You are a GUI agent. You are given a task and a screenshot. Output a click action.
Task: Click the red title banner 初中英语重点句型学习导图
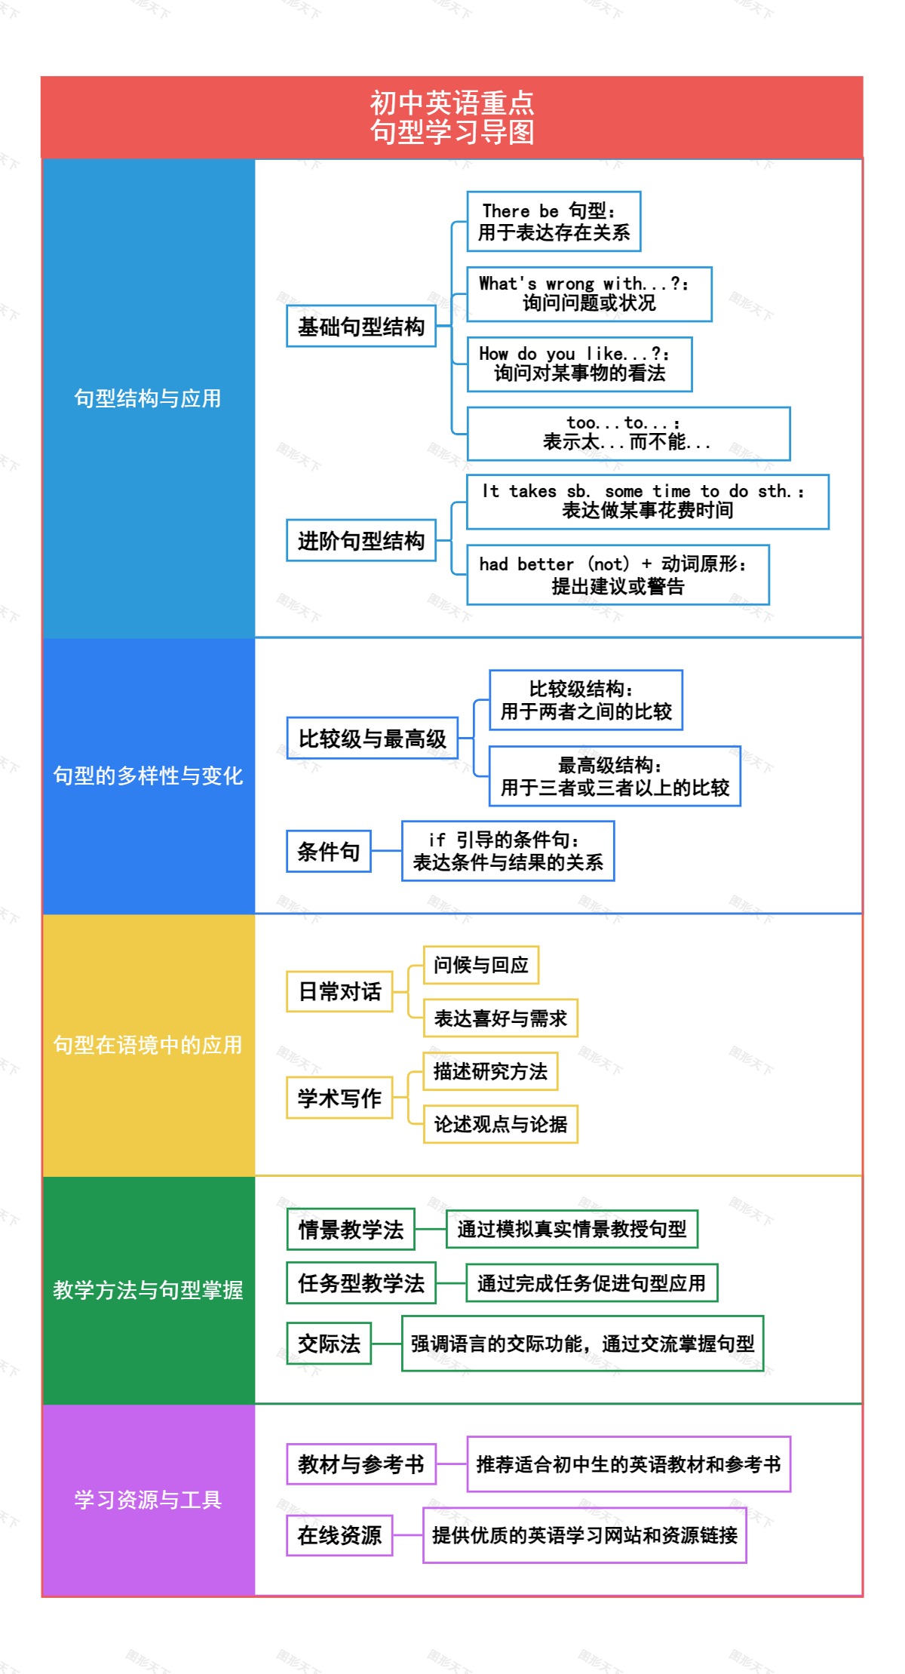tap(452, 117)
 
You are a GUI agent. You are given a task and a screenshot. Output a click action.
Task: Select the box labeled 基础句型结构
tap(361, 326)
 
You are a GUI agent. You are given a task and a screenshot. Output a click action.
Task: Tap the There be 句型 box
tap(554, 221)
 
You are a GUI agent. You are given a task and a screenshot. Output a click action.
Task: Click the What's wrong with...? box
tap(589, 294)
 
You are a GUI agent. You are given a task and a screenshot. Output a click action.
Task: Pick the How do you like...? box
tap(579, 364)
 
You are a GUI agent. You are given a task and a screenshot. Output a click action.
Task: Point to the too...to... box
tap(628, 434)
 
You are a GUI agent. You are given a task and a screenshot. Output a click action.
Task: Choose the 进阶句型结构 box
tap(361, 540)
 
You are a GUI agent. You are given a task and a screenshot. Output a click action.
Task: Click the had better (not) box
tap(618, 575)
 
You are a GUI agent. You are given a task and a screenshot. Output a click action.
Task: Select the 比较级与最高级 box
tap(373, 738)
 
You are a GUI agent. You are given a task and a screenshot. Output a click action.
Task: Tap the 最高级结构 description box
tap(615, 776)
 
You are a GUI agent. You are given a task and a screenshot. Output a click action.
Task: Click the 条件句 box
tap(329, 851)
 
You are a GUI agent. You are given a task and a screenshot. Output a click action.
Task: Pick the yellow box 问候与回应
tap(481, 965)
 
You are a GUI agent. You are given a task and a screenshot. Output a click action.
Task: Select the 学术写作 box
tap(339, 1098)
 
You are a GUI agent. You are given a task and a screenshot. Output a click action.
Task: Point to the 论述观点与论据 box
tap(501, 1124)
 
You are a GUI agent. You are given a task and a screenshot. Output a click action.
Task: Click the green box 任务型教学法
tap(361, 1282)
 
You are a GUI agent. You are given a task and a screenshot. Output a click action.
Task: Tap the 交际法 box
tap(329, 1343)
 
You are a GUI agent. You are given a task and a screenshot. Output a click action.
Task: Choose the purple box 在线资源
tap(339, 1535)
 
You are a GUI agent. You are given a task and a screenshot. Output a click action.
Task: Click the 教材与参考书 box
tap(361, 1464)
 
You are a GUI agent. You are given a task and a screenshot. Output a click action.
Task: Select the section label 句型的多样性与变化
tap(148, 776)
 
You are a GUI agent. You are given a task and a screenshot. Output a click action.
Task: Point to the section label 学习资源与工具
tap(148, 1500)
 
